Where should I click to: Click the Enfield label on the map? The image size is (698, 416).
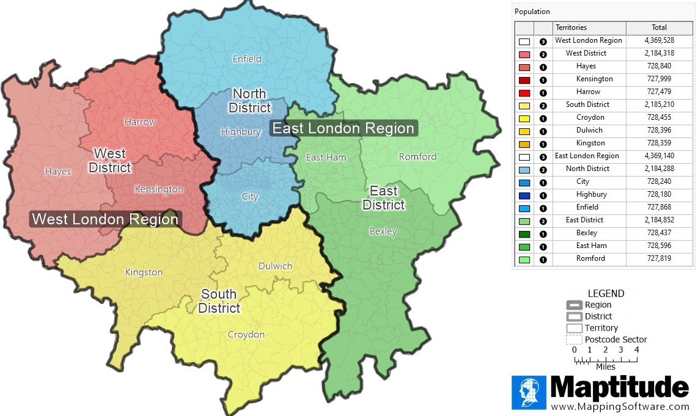coord(247,59)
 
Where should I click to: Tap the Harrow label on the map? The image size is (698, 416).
coord(140,122)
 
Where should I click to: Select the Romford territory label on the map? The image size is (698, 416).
coord(417,157)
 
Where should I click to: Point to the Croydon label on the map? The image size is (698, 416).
coord(246,335)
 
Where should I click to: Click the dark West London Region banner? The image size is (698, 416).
coord(105,219)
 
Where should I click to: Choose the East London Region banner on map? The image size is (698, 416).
coord(343,128)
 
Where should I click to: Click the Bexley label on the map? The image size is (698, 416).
coord(383,232)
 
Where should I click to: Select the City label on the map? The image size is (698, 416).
coord(249,197)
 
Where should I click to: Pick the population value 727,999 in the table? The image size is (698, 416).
coord(659,79)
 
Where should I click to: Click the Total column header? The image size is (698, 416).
coord(659,27)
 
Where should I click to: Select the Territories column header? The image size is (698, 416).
coord(571,27)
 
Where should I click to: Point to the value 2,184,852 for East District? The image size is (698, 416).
coord(659,220)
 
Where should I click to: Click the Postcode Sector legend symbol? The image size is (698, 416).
coord(574,340)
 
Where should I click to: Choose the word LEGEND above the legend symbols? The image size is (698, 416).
coord(606,294)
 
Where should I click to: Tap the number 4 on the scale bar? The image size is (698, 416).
coord(636,350)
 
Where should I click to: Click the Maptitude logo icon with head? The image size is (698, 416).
coord(529,392)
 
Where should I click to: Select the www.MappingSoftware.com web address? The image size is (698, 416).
coord(620,407)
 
